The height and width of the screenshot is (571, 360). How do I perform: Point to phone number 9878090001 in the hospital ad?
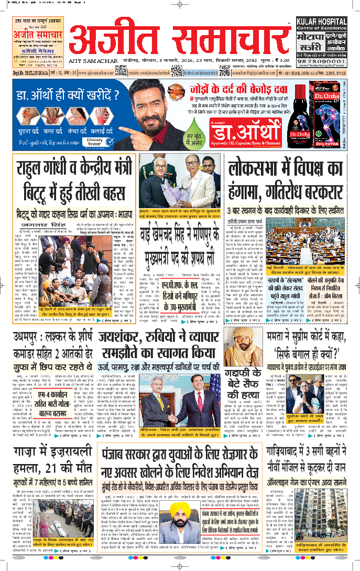click(321, 60)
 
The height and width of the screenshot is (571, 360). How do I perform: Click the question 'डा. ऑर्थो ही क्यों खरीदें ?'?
click(60, 95)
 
